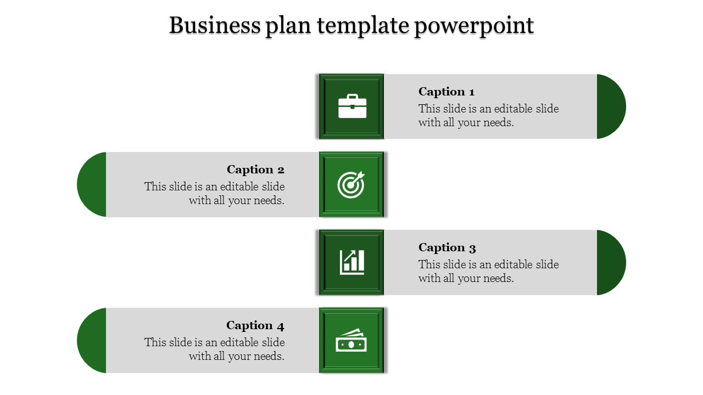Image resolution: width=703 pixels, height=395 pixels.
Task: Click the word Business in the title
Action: coord(215,25)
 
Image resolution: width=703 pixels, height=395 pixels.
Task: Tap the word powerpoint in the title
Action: coord(474,27)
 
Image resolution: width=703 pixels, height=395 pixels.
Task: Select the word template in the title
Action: coord(363,27)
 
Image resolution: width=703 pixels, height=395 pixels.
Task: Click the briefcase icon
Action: coord(352,106)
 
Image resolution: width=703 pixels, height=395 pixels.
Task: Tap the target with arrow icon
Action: coord(351,185)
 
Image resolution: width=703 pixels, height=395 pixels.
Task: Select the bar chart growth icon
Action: coord(352,262)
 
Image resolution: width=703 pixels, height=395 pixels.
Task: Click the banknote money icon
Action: coord(351,340)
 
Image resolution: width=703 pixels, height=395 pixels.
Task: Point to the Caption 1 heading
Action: coord(447,92)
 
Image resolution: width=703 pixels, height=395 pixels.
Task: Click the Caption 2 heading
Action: coord(255,170)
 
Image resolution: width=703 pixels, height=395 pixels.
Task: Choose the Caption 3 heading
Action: coord(447,247)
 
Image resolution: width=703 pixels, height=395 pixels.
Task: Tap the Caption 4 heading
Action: coord(255,325)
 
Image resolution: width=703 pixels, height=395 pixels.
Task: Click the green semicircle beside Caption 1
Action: coord(611,106)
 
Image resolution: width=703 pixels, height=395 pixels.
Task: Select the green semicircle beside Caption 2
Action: coord(92,184)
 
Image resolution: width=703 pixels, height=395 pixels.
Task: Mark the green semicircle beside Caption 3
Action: coord(611,262)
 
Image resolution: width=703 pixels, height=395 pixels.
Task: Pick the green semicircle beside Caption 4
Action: coord(92,340)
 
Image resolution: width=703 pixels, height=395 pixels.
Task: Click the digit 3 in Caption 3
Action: coord(472,249)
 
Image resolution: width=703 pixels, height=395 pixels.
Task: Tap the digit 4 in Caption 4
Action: coord(281,326)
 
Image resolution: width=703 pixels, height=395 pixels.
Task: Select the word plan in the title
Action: coord(288,27)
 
